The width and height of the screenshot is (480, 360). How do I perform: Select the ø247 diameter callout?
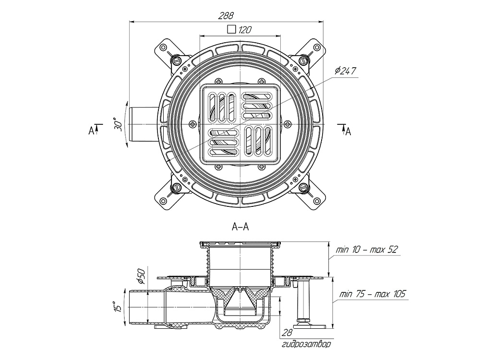(346, 71)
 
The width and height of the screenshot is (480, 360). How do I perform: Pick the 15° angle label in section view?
(115, 307)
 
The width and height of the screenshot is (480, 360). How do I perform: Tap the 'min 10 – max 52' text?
(368, 250)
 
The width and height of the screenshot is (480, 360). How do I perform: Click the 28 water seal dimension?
(286, 333)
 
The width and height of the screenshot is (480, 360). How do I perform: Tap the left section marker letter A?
(91, 130)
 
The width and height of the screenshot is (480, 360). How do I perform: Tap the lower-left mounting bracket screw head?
(176, 187)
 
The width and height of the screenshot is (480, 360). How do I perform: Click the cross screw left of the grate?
(192, 124)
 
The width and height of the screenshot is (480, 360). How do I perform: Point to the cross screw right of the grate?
(288, 124)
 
